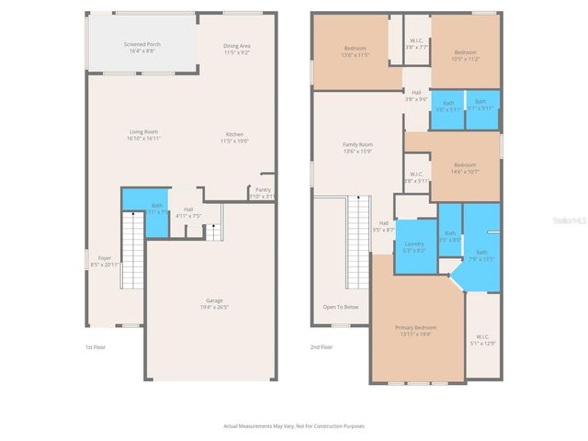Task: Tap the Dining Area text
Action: click(x=237, y=50)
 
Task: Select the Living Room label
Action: click(x=145, y=136)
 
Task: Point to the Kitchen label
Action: click(x=235, y=137)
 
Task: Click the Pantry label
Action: click(x=262, y=192)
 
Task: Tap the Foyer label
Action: click(x=105, y=260)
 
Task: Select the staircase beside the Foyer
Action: click(x=134, y=251)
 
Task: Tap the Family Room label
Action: click(x=357, y=147)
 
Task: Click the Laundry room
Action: click(x=414, y=244)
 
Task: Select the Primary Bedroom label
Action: click(x=415, y=330)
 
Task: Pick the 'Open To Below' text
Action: click(x=340, y=306)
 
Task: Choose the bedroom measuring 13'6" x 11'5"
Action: click(x=356, y=51)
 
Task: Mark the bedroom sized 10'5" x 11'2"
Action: click(x=465, y=51)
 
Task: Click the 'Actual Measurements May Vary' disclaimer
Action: click(x=294, y=425)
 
